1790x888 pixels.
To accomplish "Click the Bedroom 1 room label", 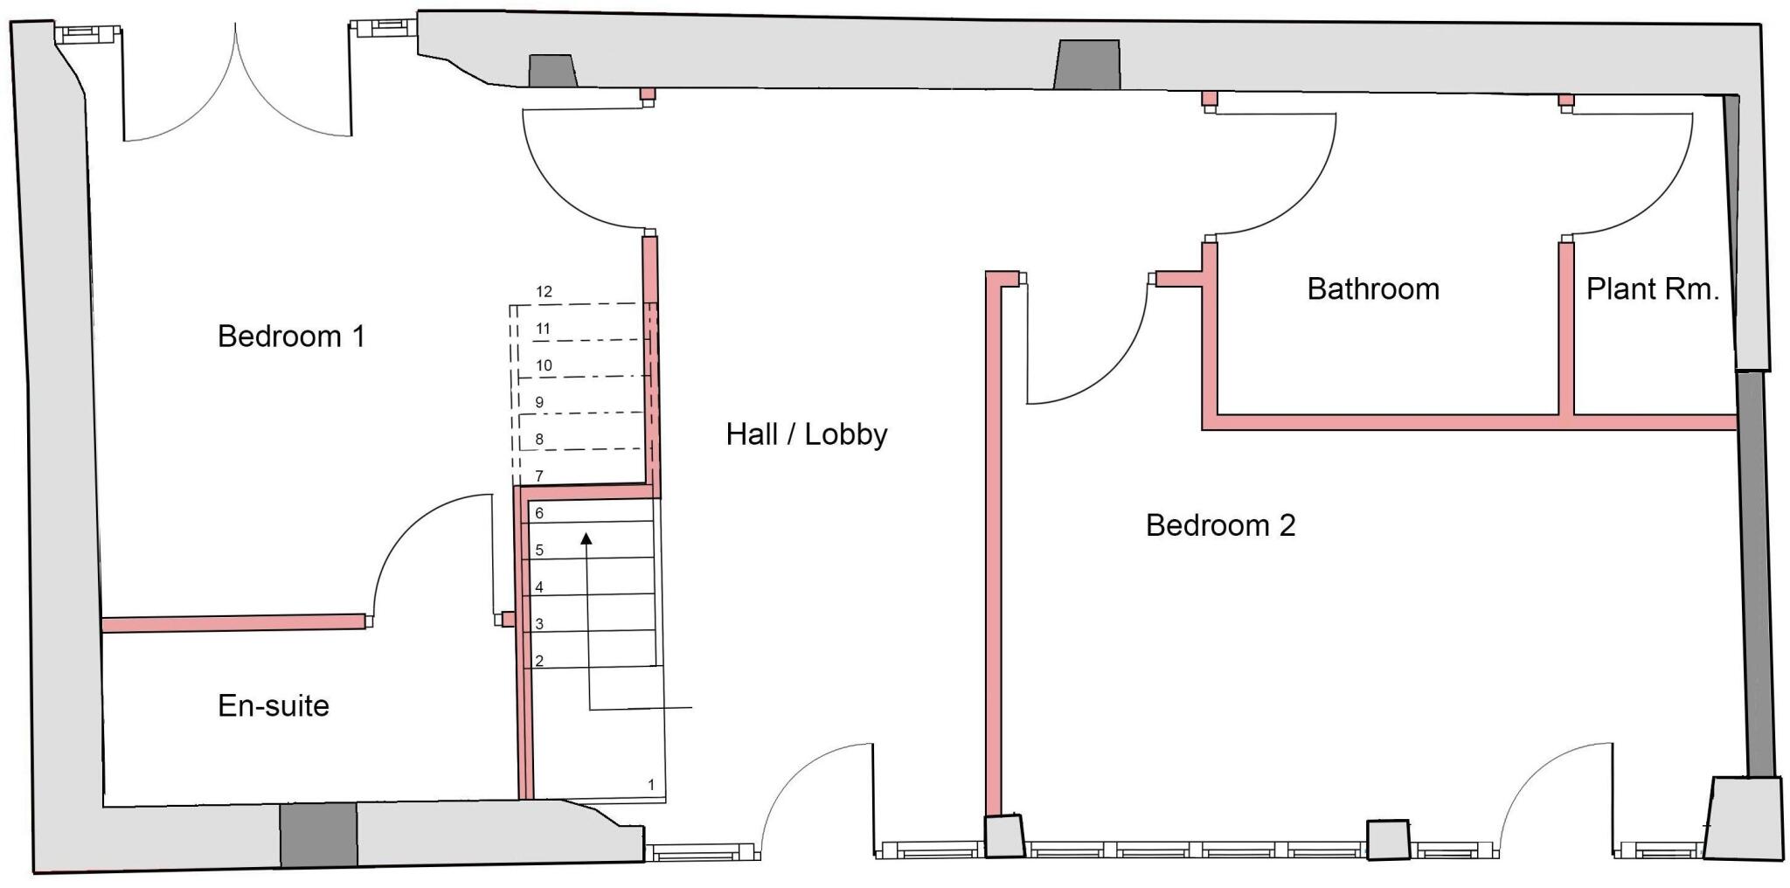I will coord(291,336).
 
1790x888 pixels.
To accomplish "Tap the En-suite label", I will coord(274,705).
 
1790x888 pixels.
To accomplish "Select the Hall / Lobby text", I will coord(806,434).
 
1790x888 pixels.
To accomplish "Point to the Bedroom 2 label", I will coord(1220,525).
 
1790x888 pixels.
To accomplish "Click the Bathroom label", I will coord(1372,288).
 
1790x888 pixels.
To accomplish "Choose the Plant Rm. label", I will coord(1652,288).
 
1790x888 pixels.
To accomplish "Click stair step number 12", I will coord(545,292).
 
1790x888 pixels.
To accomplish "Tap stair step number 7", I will coord(539,476).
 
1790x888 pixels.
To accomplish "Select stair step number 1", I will coord(651,785).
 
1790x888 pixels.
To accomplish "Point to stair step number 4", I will coord(539,587).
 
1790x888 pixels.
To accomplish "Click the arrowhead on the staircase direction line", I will coord(586,539).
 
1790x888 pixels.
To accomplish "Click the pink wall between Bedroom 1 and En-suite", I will coord(232,622).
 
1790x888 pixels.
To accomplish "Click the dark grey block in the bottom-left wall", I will coord(318,834).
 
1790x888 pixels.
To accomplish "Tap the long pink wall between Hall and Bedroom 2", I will coord(993,542).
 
